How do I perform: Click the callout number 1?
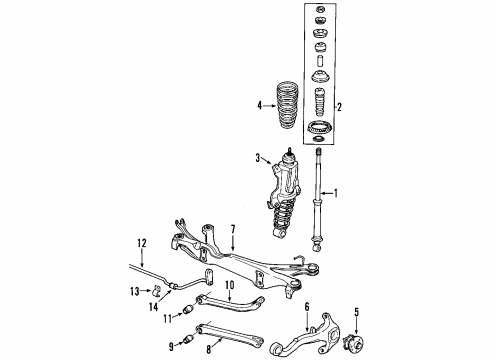click(338, 193)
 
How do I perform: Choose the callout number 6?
click(307, 307)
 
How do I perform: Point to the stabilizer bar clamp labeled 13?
click(158, 291)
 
